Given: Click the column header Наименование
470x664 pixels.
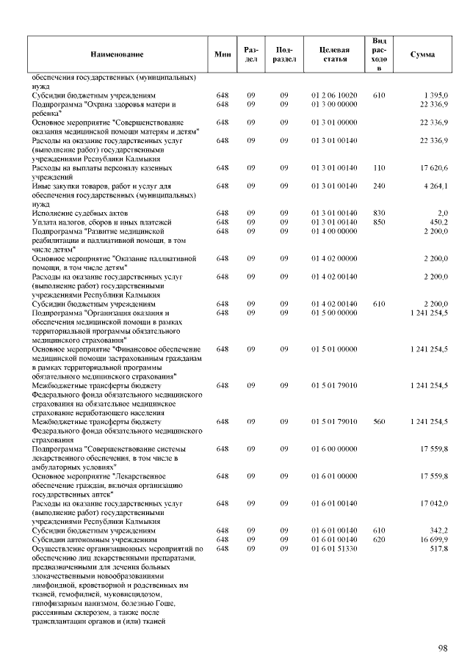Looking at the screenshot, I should point(117,54).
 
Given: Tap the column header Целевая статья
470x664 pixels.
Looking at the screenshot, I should point(334,54).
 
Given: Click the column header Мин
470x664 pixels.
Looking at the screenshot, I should point(223,54).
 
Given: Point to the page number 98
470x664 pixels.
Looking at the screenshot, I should point(443,648).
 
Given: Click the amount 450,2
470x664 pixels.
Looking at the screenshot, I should point(438,222).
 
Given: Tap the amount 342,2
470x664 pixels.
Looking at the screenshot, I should point(438,530).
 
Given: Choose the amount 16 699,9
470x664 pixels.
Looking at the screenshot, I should point(433,539).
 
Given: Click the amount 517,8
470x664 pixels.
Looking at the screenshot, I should point(438,548).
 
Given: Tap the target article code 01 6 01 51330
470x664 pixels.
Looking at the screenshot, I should point(334,548).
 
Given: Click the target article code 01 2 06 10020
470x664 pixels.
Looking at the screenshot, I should point(334,95).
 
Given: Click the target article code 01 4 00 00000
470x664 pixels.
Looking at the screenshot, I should point(334,230).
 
